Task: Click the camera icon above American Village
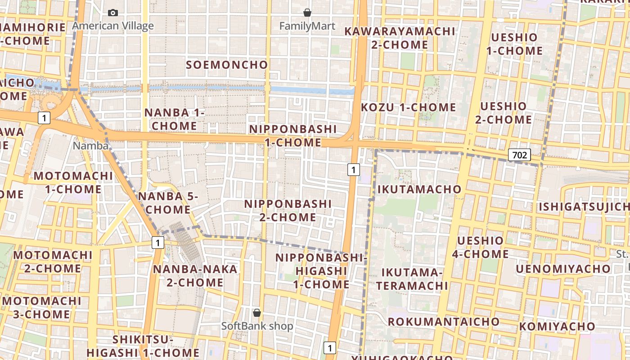(113, 13)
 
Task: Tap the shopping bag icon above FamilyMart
(307, 13)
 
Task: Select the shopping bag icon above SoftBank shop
(257, 312)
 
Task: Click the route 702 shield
(519, 155)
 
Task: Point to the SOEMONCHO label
(227, 65)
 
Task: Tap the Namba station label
(90, 146)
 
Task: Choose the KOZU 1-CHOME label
(409, 108)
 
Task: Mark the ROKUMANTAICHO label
(443, 322)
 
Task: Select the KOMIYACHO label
(557, 326)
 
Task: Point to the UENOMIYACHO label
(563, 269)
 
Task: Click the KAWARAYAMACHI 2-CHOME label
(400, 38)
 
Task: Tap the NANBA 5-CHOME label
(168, 203)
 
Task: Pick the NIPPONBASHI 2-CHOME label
(288, 211)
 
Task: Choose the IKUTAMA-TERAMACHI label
(412, 279)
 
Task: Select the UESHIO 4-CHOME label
(480, 247)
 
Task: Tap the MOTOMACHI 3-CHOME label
(41, 307)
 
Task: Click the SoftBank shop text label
(257, 326)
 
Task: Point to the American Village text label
(113, 26)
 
